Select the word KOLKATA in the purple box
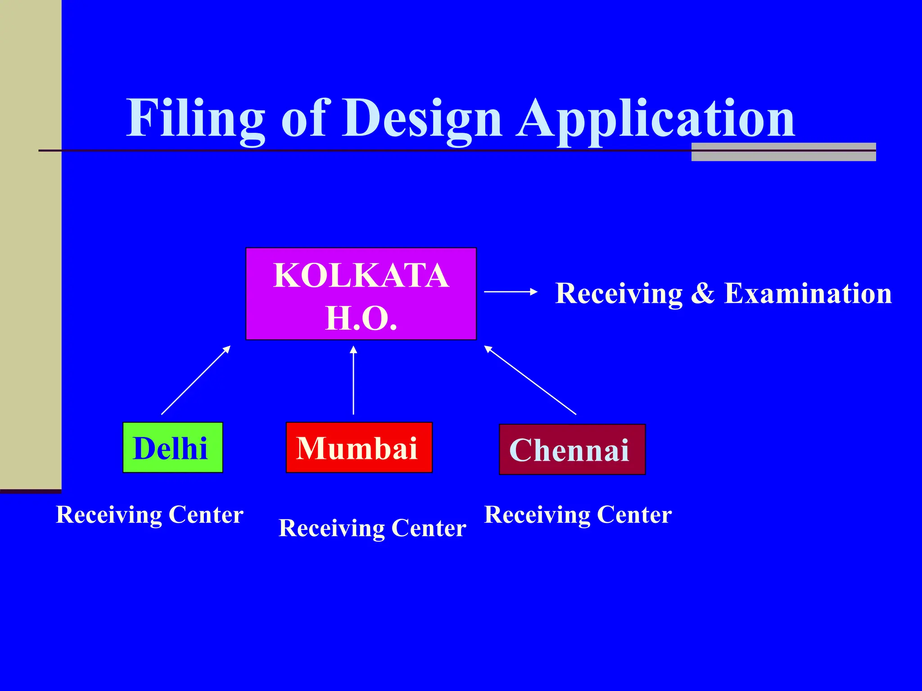coord(361,275)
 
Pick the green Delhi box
coord(173,448)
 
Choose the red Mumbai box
coord(359,448)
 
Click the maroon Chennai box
coord(572,449)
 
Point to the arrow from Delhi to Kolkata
coord(196,380)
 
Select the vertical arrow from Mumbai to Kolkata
coord(353,380)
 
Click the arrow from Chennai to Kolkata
coord(530,380)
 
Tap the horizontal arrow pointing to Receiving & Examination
coord(511,292)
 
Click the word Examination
coord(808,293)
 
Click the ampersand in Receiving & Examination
coord(703,293)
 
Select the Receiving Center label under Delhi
coord(149,515)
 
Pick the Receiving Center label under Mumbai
coord(372,528)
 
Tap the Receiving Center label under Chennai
coord(578,515)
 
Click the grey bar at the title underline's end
coord(783,152)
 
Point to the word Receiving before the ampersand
coord(619,293)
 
